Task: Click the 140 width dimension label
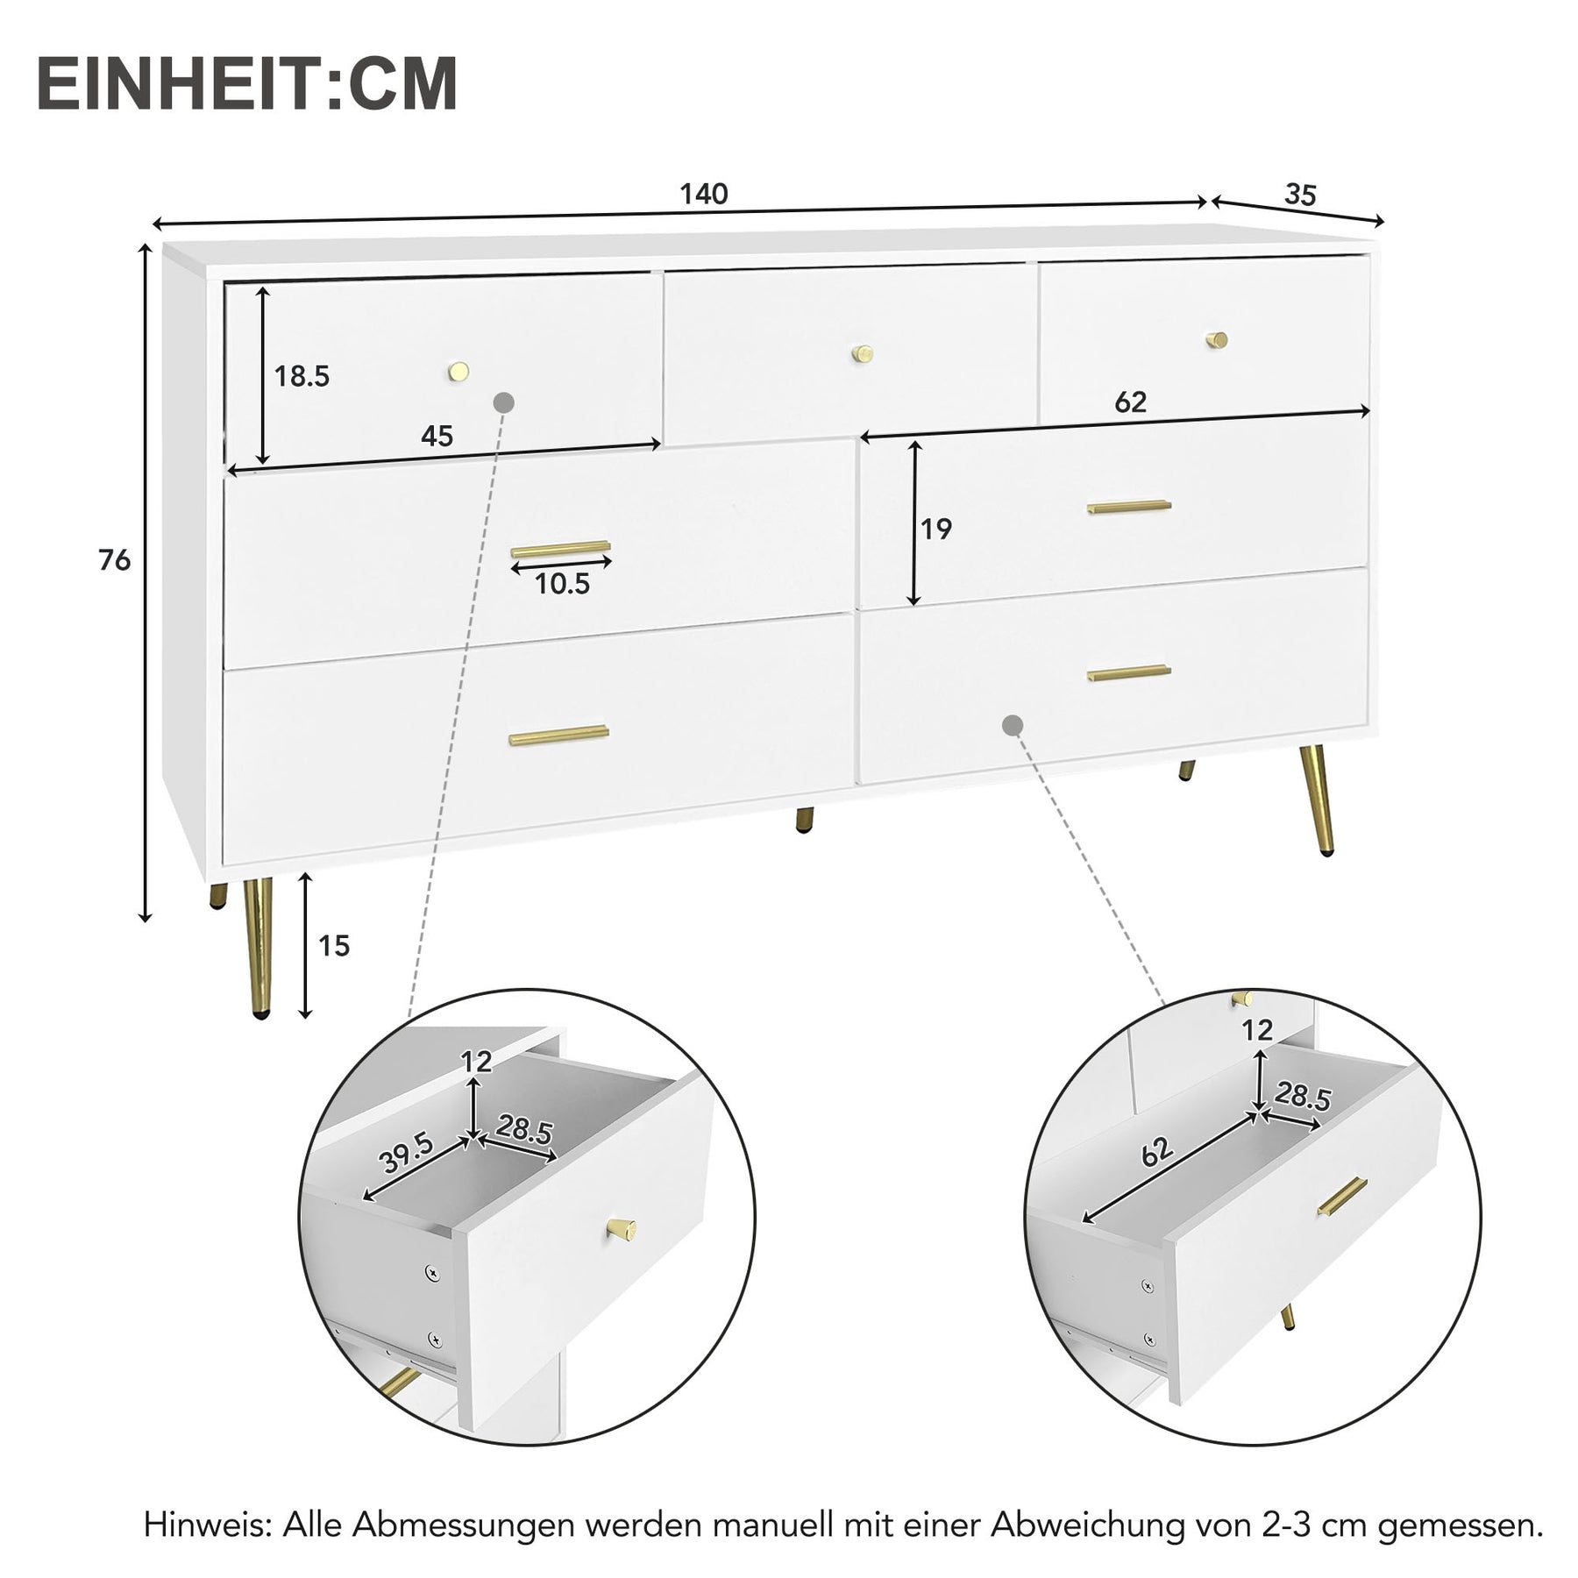(x=704, y=194)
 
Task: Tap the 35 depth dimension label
(x=1300, y=195)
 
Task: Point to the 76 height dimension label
(x=115, y=560)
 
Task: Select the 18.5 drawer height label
(x=302, y=377)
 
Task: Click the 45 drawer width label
(x=437, y=436)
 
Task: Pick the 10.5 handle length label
(x=562, y=584)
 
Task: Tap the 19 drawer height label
(x=936, y=529)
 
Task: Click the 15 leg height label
(x=334, y=946)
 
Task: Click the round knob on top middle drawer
(x=864, y=353)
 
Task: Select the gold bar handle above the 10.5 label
(x=560, y=550)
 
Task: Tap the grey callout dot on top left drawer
(x=504, y=402)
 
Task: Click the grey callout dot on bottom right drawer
(x=1013, y=725)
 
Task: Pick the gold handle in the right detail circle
(x=1342, y=1197)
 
